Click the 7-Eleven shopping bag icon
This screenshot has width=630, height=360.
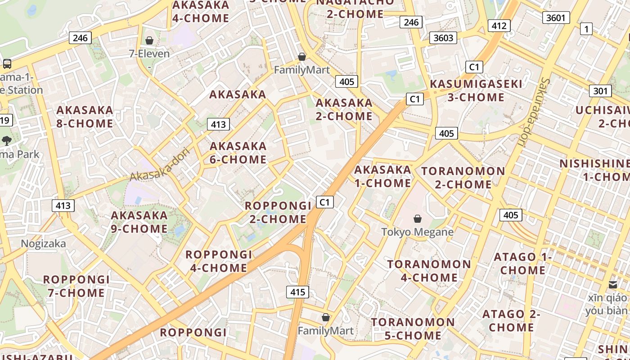pos(149,41)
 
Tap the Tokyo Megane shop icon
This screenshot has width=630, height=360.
pos(418,219)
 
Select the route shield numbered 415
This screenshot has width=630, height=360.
pos(297,292)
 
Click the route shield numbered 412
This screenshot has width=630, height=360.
pos(499,26)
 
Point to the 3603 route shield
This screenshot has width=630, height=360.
pos(443,38)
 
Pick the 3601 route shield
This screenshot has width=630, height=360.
pos(556,18)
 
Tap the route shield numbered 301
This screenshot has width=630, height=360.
pos(600,91)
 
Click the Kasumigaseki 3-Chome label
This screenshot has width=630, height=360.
pos(476,90)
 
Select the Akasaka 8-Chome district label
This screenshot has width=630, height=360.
pos(85,117)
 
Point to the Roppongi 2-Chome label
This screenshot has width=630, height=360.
pos(278,212)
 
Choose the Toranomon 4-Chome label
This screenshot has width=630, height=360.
pos(429,270)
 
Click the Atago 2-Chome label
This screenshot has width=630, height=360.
pos(511,320)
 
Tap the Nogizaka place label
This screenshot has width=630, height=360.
pos(43,244)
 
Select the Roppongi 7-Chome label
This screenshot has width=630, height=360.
pos(76,286)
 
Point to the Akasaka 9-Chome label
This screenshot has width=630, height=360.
pos(139,222)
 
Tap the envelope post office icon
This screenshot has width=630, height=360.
pos(612,284)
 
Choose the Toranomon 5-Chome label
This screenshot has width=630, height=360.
pos(413,329)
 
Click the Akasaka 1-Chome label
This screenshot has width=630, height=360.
pos(382,176)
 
